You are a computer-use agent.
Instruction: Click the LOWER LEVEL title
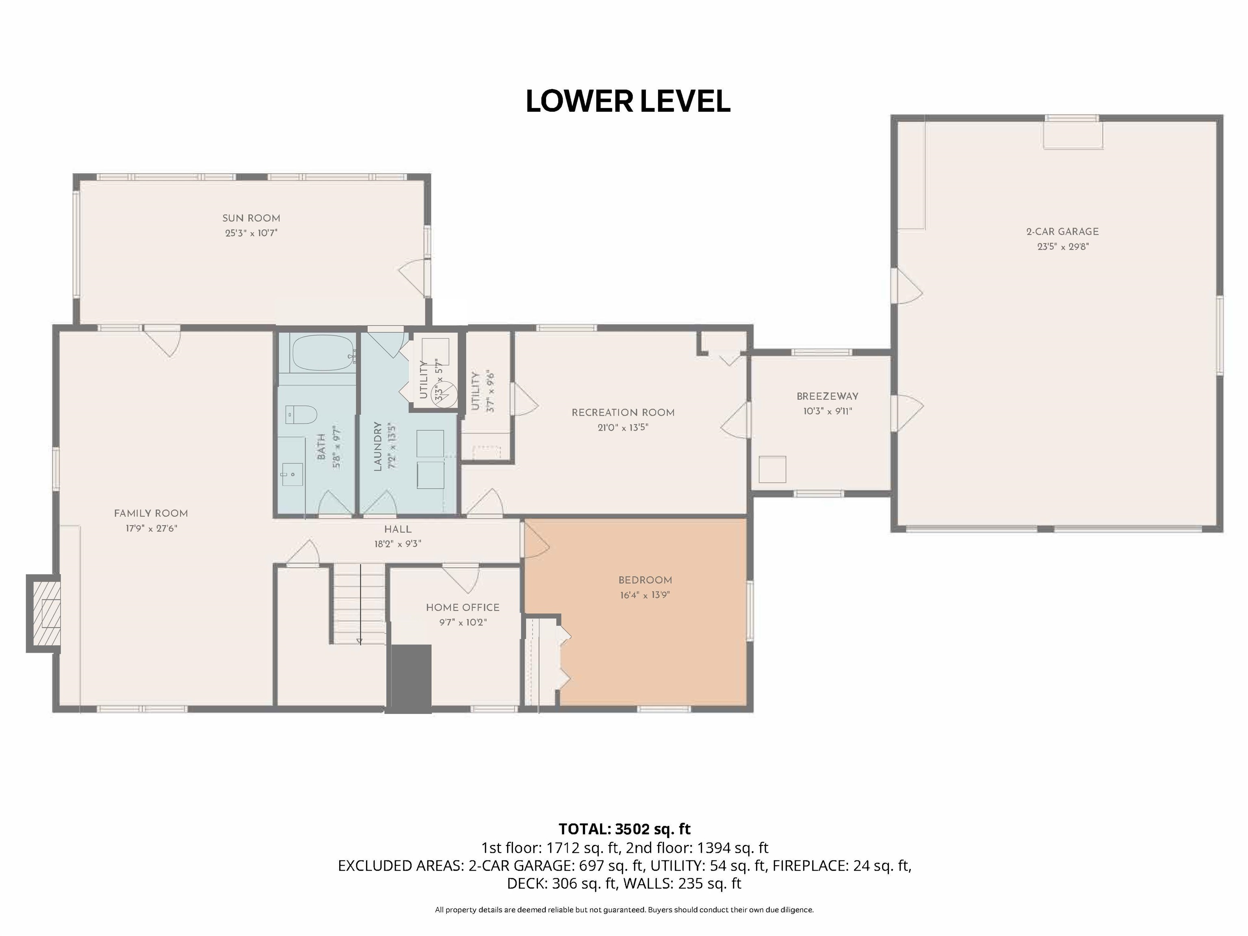(x=627, y=102)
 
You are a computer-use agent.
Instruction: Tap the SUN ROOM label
(x=251, y=218)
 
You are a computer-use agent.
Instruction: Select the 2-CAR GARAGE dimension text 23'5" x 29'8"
(x=1062, y=247)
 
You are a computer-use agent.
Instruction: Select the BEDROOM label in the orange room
(x=645, y=580)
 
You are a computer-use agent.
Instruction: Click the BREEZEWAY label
(x=827, y=396)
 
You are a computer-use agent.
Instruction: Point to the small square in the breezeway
(x=772, y=469)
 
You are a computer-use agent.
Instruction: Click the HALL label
(x=398, y=529)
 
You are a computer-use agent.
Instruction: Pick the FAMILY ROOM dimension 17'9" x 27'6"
(x=151, y=529)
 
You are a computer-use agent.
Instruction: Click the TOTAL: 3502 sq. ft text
(x=624, y=829)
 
